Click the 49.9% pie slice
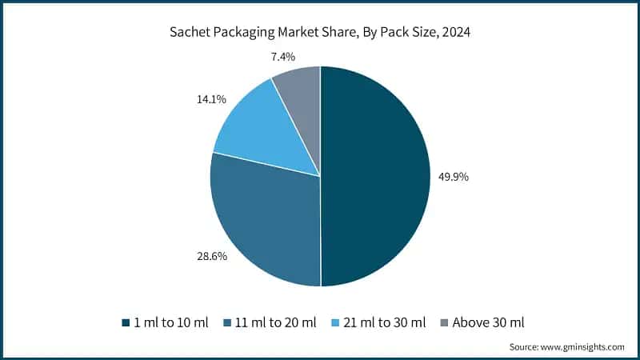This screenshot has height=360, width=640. coord(376,176)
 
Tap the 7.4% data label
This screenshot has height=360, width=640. coord(284,56)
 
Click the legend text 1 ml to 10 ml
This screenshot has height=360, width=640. coord(170,322)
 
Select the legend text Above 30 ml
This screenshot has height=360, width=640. coord(488,322)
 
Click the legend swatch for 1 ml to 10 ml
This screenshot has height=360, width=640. coord(126,323)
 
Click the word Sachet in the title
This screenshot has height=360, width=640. coord(188,33)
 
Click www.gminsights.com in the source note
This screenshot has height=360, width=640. coord(583,347)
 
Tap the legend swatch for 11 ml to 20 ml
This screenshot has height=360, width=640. coord(228,323)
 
